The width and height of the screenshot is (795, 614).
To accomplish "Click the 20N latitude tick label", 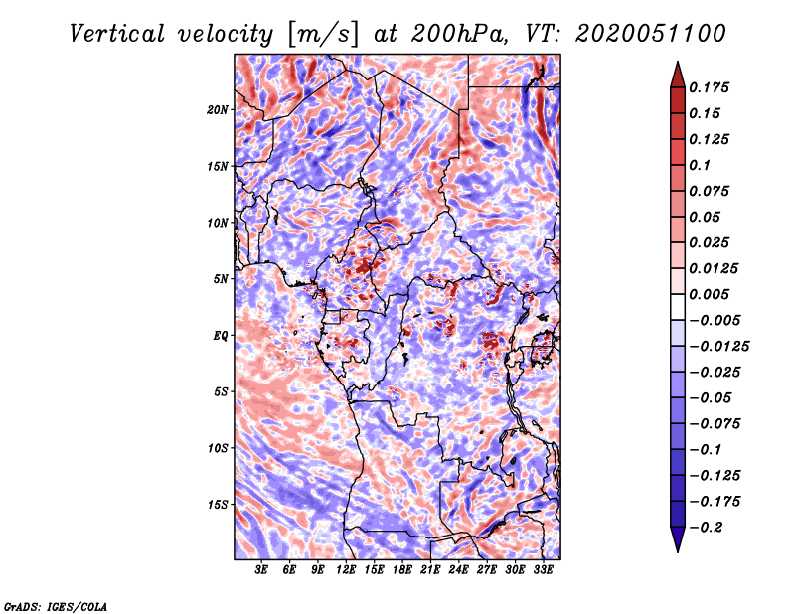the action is point(218,110).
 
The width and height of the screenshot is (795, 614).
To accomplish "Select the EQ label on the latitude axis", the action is point(220,336).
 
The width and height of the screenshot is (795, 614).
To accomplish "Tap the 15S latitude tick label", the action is point(218,505).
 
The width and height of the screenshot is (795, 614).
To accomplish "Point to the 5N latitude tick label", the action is point(221,279).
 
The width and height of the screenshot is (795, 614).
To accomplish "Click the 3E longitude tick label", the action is point(261,570).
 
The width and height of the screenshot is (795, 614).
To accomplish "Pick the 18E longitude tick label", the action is point(402,570).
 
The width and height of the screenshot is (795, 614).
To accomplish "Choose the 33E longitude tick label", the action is point(543,570).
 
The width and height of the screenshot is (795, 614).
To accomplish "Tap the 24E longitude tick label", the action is point(458,570).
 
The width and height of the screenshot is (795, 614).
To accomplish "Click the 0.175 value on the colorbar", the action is point(709,87).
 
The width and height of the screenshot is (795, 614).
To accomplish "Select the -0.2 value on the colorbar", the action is point(706,528).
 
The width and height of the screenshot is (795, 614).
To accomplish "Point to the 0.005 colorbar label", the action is point(709,294).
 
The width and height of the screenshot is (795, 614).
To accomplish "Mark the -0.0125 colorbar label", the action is point(718,347).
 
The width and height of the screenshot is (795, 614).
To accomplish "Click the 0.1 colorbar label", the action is point(700,165).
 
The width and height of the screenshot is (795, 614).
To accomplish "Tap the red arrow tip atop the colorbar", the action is point(678,63).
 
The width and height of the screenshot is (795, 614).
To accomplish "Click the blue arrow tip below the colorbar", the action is point(678,551).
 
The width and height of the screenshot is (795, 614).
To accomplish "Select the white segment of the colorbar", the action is point(678,307).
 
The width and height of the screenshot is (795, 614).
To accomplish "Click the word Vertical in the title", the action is point(117,34).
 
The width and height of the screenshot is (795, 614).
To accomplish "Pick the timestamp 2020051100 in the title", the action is point(651,34).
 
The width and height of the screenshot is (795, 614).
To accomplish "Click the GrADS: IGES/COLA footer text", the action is point(56,606).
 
